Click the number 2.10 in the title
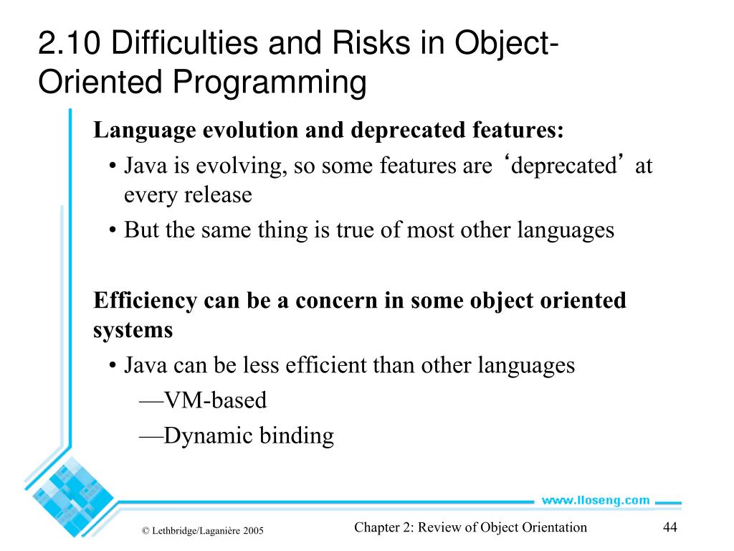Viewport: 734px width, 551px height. (x=70, y=44)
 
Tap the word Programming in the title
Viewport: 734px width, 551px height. (x=269, y=82)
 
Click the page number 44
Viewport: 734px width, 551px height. (x=670, y=527)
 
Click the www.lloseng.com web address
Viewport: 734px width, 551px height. (x=595, y=500)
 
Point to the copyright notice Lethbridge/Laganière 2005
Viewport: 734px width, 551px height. (x=203, y=531)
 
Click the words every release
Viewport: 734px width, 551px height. (x=188, y=195)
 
